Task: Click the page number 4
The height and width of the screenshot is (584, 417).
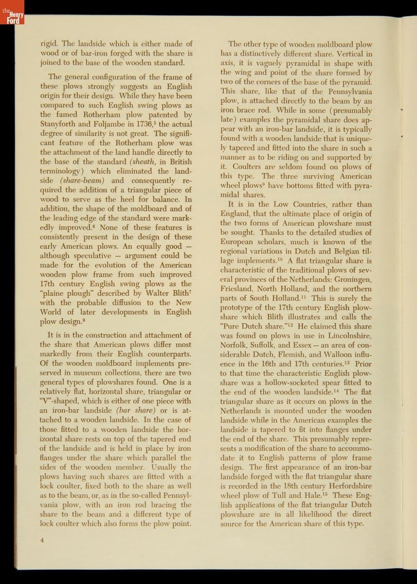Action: [x=42, y=539]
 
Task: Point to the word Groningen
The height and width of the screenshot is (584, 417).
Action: [x=351, y=279]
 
